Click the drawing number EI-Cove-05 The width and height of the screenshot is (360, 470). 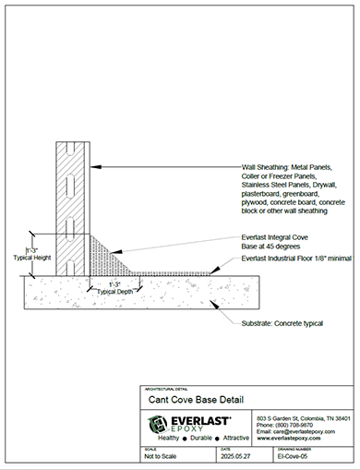294,456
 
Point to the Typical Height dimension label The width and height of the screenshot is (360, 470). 33,259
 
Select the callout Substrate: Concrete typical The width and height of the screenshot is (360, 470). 284,324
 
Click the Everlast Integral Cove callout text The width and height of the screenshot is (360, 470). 277,239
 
